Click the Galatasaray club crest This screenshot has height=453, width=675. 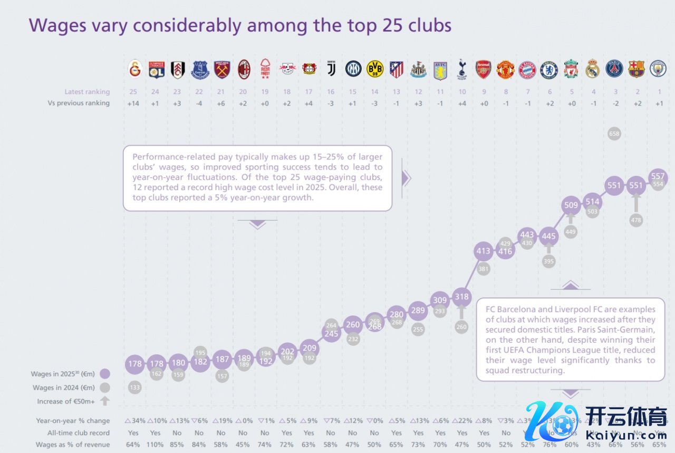pos(136,69)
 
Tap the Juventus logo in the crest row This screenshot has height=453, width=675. pos(331,69)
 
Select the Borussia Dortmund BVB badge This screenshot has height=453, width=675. pos(374,69)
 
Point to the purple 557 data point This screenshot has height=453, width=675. pos(658,176)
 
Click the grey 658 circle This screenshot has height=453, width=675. pos(614,134)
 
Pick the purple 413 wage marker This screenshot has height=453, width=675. pos(484,252)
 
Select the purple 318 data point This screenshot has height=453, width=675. pos(462,296)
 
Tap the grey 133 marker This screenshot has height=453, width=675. pos(135,388)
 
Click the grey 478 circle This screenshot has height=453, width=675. pos(636,220)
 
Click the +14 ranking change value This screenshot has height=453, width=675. pos(133,103)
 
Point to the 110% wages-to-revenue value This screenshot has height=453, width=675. pos(155,445)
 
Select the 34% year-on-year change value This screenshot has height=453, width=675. pos(136,421)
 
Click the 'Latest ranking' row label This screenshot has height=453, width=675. pos(87,92)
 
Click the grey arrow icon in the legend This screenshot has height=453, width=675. pos(104,401)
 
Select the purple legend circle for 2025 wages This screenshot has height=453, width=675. pos(104,374)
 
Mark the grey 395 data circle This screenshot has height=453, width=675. pos(548,261)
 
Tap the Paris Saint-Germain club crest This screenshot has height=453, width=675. pos(614,69)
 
